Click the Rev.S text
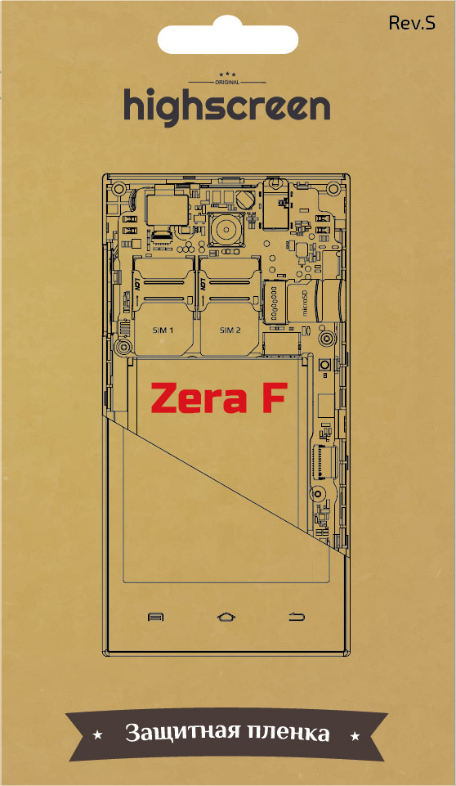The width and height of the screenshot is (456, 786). pos(412,23)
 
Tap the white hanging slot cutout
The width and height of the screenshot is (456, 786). pos(227,38)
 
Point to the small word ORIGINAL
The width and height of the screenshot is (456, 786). pos(227,83)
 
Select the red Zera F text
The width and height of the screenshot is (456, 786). pos(219,398)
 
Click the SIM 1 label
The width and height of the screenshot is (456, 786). pos(163,330)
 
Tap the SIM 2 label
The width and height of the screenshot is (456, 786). pos(230,330)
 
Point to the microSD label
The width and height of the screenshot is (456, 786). pos(305,303)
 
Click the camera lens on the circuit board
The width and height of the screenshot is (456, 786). pos(226,231)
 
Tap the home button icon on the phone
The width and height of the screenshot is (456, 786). pos(226,617)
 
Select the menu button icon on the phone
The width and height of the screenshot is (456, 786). pos(155,617)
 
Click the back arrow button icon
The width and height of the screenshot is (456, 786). pos(297,617)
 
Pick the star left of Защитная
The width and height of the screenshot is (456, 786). pos(98,735)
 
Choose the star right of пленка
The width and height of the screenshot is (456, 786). pos(355,736)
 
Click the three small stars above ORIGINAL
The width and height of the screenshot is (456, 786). pos(227,74)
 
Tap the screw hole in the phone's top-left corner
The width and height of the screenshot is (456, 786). pos(118,189)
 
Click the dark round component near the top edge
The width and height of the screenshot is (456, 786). pos(245,200)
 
